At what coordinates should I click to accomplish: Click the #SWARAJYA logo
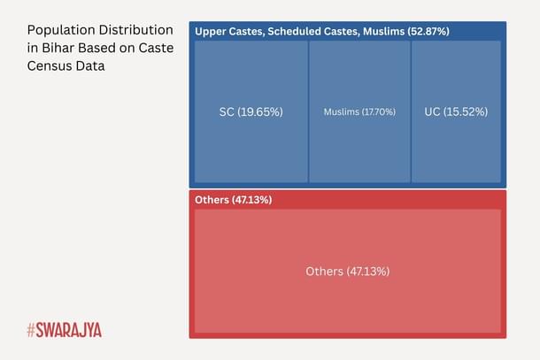(x=64, y=330)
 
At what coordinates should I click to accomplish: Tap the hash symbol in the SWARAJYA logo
(x=31, y=330)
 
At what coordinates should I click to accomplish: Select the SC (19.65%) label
(x=251, y=112)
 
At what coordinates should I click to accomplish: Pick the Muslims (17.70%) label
(x=359, y=112)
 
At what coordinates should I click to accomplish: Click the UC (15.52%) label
(x=456, y=112)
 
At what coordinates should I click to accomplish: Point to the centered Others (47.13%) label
(x=347, y=271)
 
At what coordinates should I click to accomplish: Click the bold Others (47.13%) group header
(x=233, y=200)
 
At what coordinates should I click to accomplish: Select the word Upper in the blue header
(x=210, y=32)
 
